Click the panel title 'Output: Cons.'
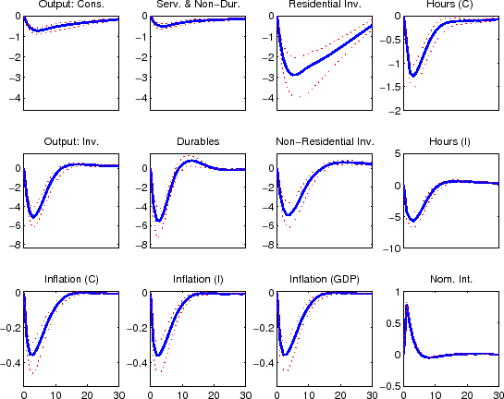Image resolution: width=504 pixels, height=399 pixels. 71,6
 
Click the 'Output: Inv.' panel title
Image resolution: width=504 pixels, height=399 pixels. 71,142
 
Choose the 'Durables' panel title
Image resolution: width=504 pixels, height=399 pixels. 197,142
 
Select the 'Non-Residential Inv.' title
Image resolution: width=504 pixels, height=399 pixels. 324,142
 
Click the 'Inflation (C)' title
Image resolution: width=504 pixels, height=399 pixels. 71,280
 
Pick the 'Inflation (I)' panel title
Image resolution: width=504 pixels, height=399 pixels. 197,280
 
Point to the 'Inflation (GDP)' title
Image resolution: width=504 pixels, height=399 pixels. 324,280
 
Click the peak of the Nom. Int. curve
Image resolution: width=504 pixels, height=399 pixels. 407,306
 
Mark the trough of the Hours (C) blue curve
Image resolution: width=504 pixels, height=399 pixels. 415,75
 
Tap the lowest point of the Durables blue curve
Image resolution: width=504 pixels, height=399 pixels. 160,221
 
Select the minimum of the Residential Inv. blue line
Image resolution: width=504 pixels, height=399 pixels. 295,74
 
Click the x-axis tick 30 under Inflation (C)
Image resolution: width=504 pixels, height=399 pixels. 118,395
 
